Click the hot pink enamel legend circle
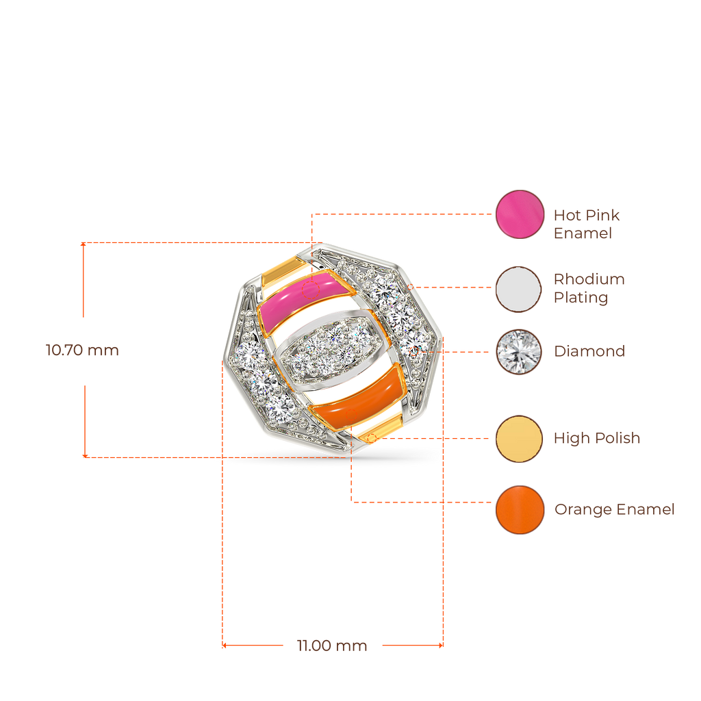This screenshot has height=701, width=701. tap(520, 214)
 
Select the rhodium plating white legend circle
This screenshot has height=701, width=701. tap(520, 289)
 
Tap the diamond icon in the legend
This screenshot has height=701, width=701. tap(520, 352)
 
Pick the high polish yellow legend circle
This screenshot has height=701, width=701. tap(520, 439)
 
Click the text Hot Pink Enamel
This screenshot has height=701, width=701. tap(587, 224)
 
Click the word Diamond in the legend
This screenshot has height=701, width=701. tap(589, 352)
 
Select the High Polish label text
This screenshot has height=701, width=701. tap(597, 439)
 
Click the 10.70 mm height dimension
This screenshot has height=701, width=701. tap(82, 351)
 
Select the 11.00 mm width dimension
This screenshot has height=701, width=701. tap(332, 646)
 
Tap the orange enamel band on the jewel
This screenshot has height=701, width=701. tap(359, 398)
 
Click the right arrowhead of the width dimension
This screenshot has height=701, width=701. tap(442, 645)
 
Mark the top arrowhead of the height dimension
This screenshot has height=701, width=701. tap(83, 244)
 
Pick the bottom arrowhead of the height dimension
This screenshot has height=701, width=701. tap(84, 455)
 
